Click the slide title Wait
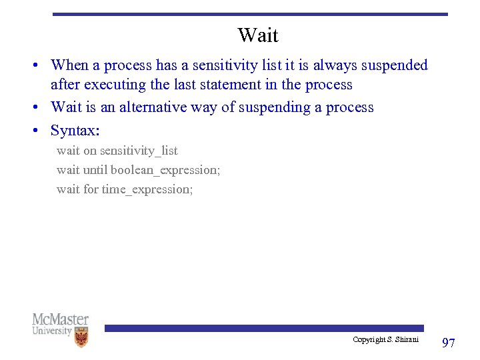pos(257,35)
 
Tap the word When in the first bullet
pos(69,65)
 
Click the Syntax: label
pos(75,130)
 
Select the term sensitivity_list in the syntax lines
pos(139,151)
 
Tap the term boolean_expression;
pos(165,170)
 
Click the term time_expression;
pos(147,189)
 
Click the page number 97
pos(449,343)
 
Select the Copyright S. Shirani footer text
pos(385,340)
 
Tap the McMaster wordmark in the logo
pos(60,319)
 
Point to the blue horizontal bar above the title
pos(250,14)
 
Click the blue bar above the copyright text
pos(263,328)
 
